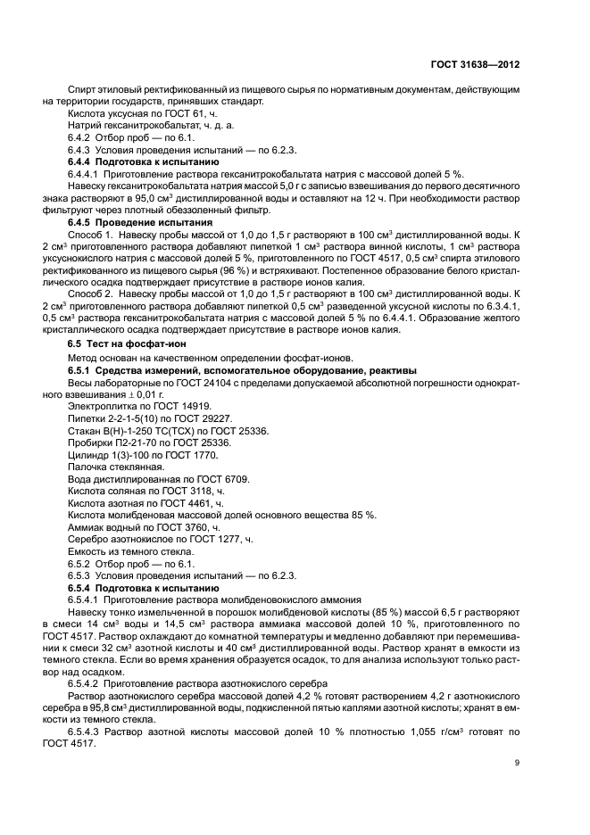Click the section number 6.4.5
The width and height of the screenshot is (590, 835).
point(83,220)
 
